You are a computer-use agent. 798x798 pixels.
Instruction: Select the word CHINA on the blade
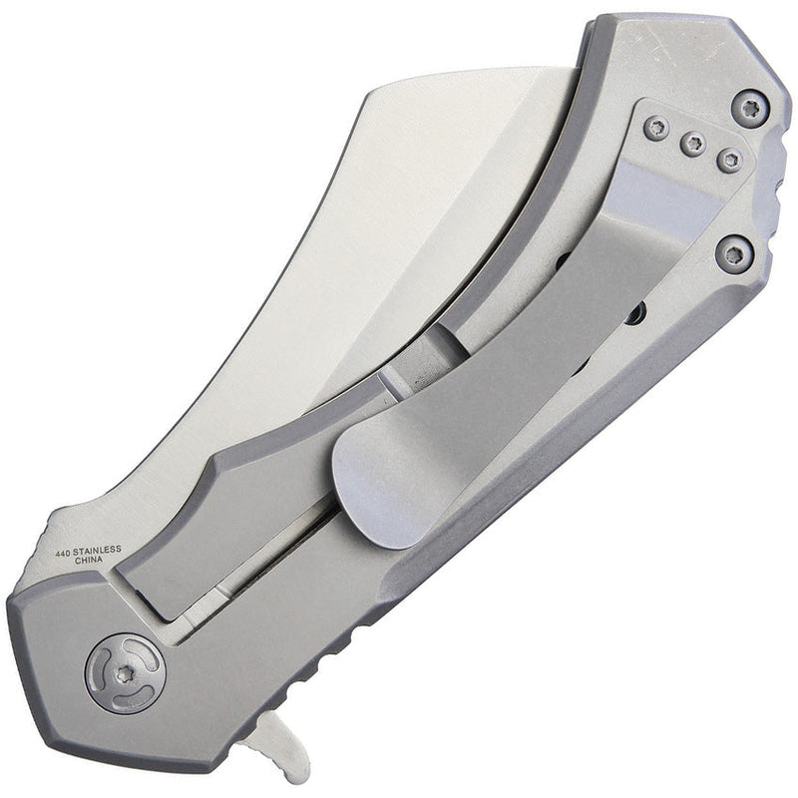(75, 561)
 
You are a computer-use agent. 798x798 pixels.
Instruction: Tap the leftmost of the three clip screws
(655, 126)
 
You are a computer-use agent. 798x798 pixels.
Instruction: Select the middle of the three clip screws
(693, 144)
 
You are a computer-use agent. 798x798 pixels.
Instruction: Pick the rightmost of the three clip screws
(730, 160)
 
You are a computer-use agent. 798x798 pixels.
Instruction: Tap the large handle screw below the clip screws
(735, 252)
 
